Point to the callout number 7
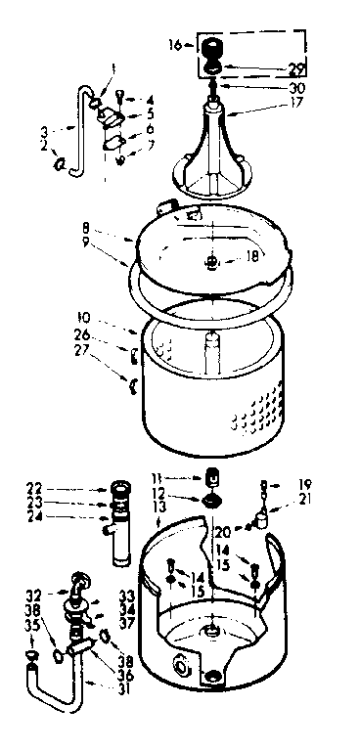[150, 147]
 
